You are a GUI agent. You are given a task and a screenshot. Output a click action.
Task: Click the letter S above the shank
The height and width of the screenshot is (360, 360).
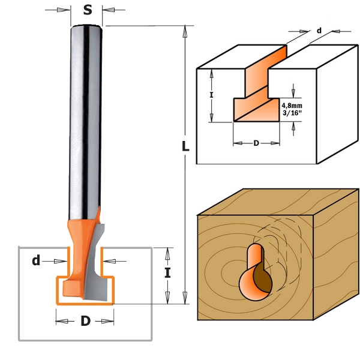click(x=88, y=10)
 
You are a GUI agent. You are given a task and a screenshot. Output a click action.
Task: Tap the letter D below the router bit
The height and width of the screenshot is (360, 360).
click(x=85, y=321)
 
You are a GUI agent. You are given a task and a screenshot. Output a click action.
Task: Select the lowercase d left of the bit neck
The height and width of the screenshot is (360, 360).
click(x=36, y=260)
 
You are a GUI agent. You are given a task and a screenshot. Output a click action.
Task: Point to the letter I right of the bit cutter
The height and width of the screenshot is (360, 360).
click(x=168, y=274)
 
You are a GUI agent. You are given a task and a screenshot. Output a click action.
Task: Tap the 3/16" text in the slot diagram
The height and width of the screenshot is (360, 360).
click(x=292, y=112)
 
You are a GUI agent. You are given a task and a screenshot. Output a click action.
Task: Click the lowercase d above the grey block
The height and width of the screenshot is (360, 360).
click(x=319, y=30)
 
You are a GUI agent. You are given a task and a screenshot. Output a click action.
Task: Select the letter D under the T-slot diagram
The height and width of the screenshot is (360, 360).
click(x=256, y=143)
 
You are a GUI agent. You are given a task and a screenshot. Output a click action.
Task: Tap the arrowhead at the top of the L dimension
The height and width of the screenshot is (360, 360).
click(x=185, y=30)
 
